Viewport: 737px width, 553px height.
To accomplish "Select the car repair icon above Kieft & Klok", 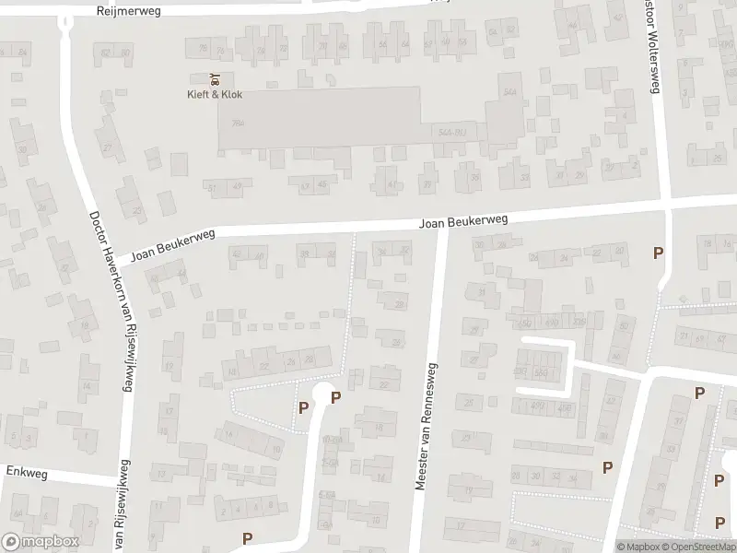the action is pyautogui.click(x=215, y=78).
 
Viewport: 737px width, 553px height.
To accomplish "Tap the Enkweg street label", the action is pyautogui.click(x=26, y=471).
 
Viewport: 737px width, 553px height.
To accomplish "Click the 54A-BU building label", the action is pyautogui.click(x=450, y=133).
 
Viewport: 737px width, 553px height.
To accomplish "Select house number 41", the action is pyautogui.click(x=392, y=184).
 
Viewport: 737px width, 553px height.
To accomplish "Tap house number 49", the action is pyautogui.click(x=238, y=188).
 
